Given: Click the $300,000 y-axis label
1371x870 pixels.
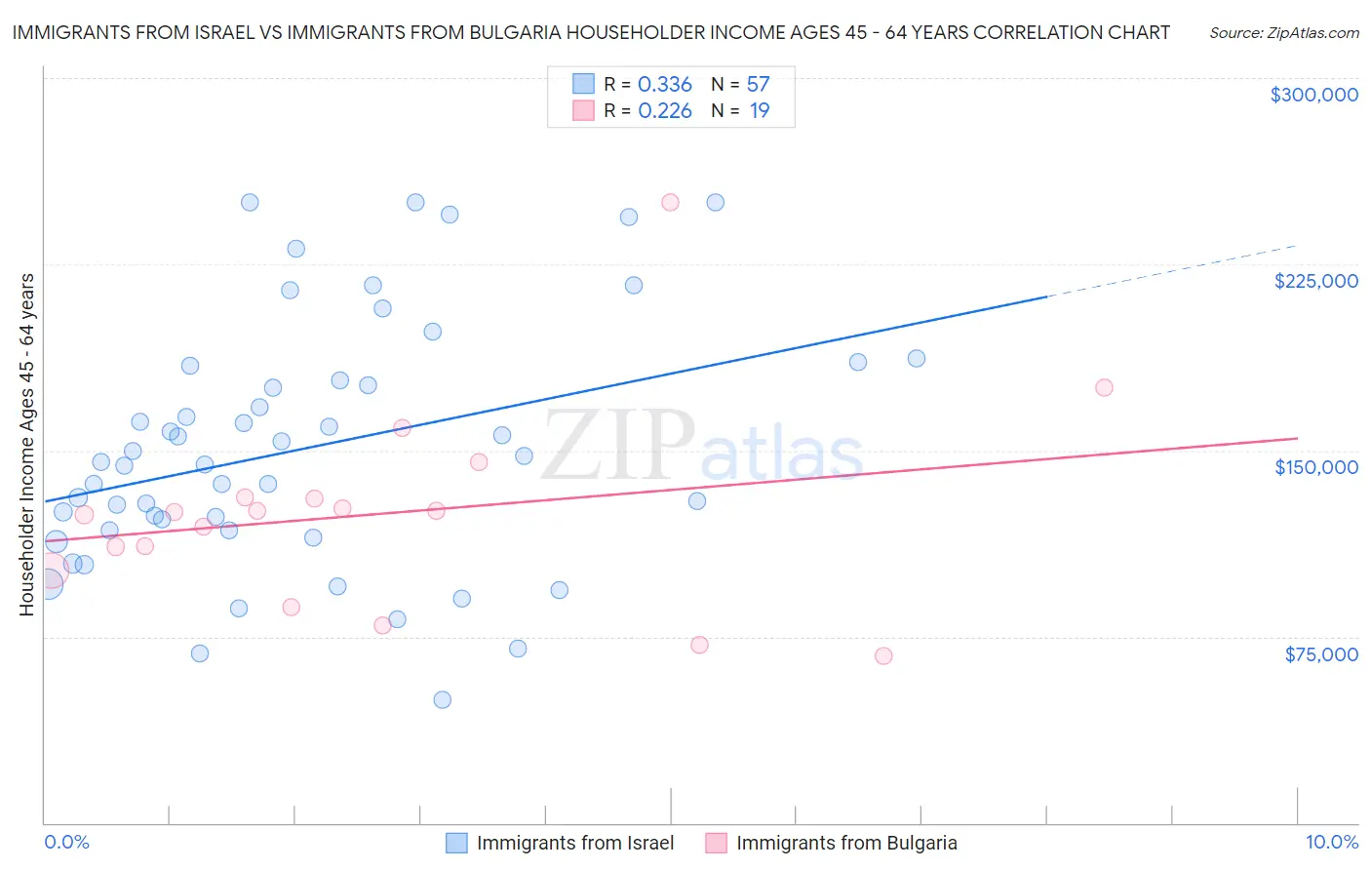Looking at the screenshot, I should click(x=1313, y=95).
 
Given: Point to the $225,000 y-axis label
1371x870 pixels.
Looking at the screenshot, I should click(x=1315, y=281).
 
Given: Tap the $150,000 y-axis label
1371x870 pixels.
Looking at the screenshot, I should click(x=1315, y=467).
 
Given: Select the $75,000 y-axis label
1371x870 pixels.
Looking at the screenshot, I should click(x=1320, y=654).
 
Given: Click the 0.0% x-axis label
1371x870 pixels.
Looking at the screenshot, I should click(x=66, y=843).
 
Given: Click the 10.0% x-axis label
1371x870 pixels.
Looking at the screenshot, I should click(x=1331, y=843).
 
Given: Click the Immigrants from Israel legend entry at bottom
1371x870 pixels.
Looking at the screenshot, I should click(x=574, y=843).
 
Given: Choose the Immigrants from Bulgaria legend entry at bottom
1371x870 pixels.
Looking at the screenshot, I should click(x=845, y=843).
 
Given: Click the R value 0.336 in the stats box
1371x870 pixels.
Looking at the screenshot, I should click(x=664, y=85).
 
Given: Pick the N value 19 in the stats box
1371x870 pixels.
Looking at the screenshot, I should click(x=759, y=111).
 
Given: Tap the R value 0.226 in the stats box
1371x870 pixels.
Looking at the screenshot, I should click(x=664, y=111).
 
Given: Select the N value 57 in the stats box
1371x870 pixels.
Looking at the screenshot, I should click(x=758, y=85).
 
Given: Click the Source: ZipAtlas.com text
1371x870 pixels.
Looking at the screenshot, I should click(x=1283, y=33).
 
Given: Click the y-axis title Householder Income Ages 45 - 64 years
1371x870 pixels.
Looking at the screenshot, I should click(x=26, y=445).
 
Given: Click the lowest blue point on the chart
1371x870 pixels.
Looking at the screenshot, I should click(x=442, y=699).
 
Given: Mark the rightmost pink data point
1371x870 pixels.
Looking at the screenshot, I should click(x=1104, y=387).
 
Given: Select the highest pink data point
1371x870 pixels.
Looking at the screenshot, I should click(x=670, y=202).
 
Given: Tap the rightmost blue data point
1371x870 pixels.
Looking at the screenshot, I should click(x=917, y=358).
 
